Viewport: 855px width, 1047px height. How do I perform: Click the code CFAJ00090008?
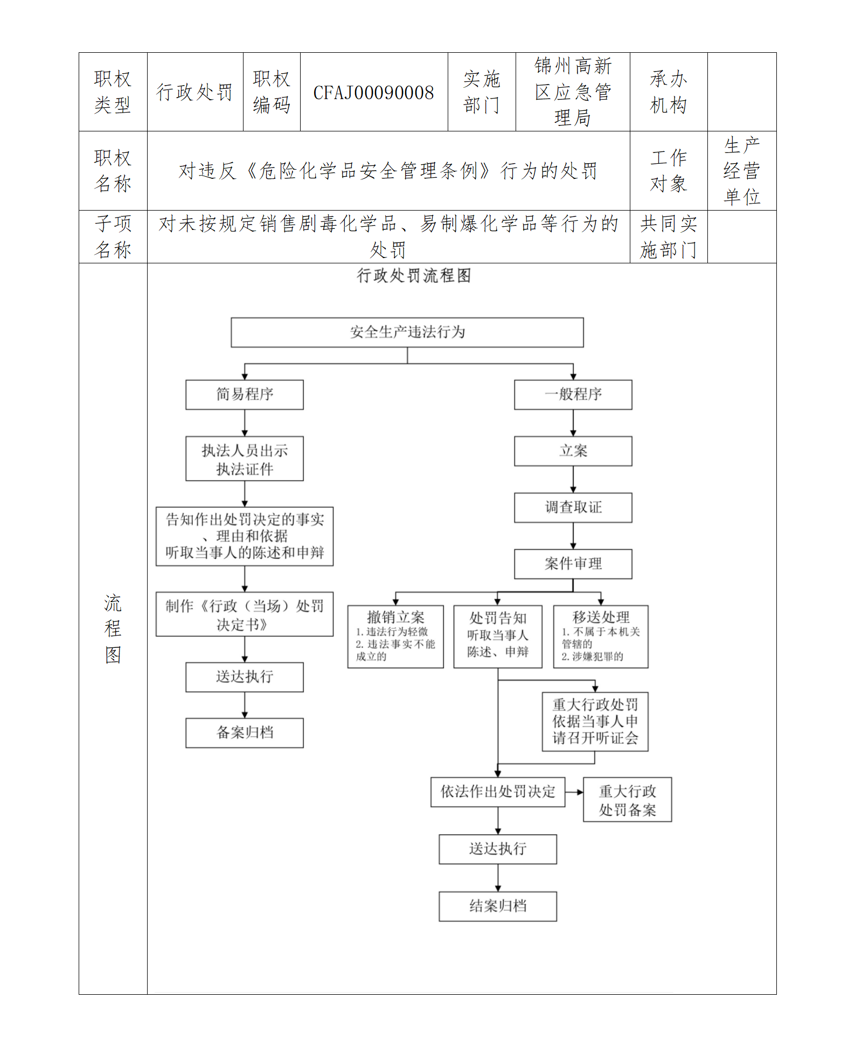[x=373, y=93]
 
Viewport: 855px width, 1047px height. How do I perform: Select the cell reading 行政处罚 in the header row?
[x=194, y=92]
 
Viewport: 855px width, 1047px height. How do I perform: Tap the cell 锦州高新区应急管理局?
[x=573, y=92]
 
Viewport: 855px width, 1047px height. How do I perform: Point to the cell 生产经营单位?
[x=741, y=171]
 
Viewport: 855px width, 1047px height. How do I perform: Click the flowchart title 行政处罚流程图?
[x=414, y=276]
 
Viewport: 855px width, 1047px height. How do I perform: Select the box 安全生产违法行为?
[x=407, y=332]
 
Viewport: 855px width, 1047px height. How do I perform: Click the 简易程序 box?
[x=245, y=395]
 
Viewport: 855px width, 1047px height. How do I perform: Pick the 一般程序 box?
[x=573, y=395]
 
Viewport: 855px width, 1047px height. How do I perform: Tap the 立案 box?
[x=573, y=451]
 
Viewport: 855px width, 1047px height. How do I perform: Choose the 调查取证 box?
[x=573, y=507]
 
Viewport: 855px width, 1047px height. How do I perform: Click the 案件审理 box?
[x=573, y=564]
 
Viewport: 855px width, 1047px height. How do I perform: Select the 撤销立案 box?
[x=395, y=637]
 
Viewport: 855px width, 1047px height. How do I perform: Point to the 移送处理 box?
[x=601, y=637]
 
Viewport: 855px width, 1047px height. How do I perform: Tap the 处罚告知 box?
[x=498, y=637]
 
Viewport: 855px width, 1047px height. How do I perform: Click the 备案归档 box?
[x=245, y=732]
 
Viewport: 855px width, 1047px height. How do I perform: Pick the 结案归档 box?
[x=498, y=906]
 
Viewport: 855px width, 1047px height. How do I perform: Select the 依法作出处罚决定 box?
[x=498, y=792]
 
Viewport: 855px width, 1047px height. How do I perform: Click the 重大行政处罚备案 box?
[x=627, y=800]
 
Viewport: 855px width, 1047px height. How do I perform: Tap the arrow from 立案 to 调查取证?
[x=573, y=479]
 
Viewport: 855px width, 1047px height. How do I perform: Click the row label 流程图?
[x=113, y=629]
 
